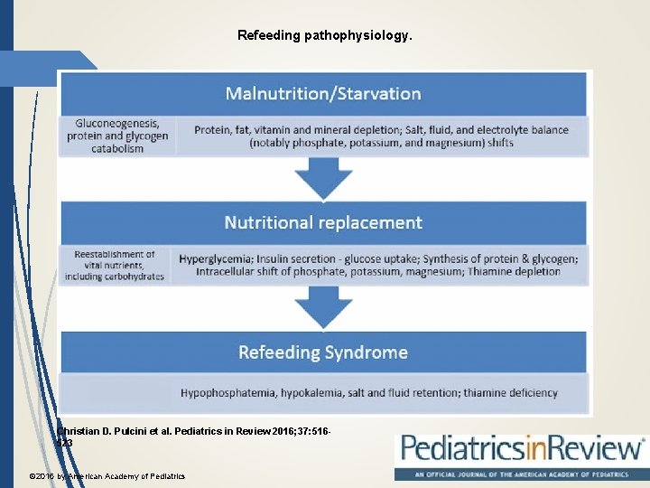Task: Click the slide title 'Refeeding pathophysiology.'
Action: [x=324, y=36]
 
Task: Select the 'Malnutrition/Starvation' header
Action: [x=322, y=93]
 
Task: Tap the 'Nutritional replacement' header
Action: [x=322, y=222]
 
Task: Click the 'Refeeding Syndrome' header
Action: [x=322, y=352]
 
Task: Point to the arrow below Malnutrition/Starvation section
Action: [x=324, y=179]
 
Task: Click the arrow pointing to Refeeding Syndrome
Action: [x=324, y=308]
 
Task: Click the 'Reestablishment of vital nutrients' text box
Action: [x=114, y=266]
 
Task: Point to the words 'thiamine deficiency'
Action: [x=510, y=393]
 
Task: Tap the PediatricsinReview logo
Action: [x=521, y=449]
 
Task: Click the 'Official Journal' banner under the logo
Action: [x=521, y=474]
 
